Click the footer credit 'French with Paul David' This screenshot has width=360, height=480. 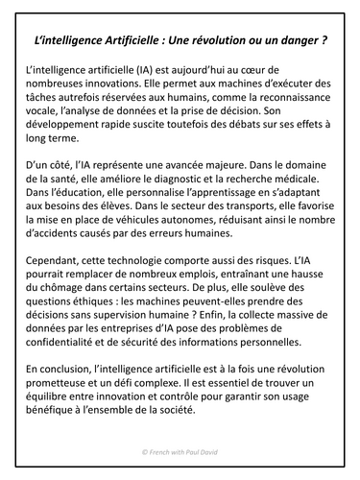[x=180, y=462]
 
